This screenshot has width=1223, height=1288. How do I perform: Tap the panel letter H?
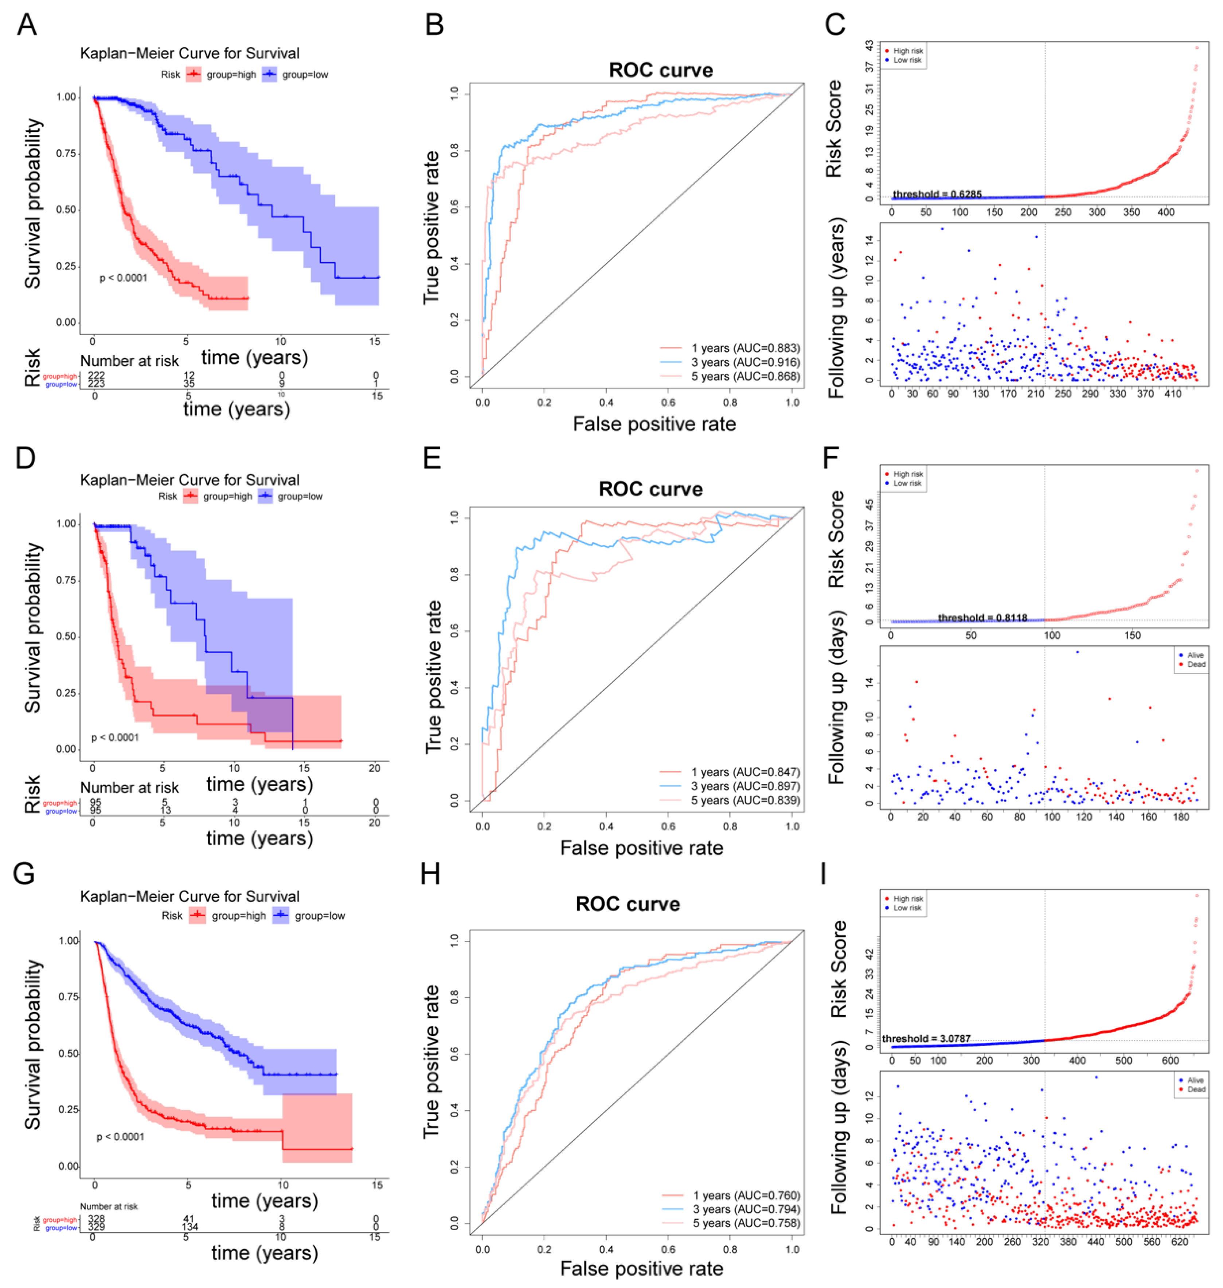[430, 873]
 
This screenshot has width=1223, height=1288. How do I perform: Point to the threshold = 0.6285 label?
[937, 194]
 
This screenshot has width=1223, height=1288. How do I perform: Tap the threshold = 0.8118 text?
[982, 617]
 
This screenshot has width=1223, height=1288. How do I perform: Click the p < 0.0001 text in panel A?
[123, 278]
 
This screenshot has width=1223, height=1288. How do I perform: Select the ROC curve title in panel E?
[650, 489]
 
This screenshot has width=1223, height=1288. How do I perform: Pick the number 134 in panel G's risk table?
[190, 1228]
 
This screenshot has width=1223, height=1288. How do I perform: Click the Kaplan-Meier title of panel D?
[190, 480]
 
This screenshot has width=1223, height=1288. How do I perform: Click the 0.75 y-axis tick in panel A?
[66, 153]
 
